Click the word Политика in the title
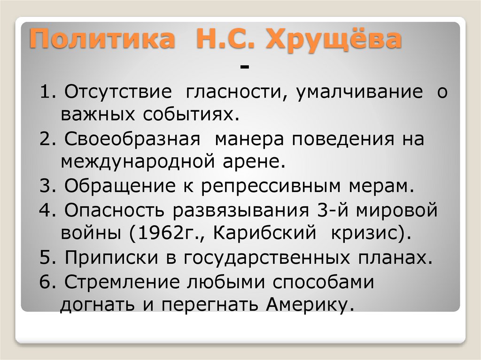pyautogui.click(x=101, y=39)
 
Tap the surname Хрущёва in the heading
pyautogui.click(x=334, y=39)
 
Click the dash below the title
pyautogui.click(x=244, y=69)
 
